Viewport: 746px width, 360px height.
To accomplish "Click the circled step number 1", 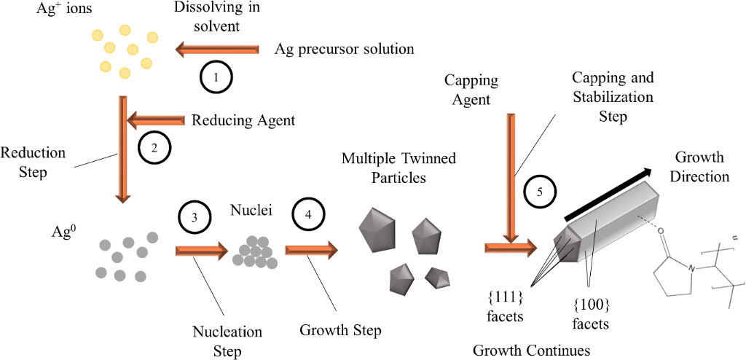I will tap(216, 75).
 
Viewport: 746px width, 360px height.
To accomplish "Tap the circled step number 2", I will tap(154, 146).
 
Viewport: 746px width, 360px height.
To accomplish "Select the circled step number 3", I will tap(194, 216).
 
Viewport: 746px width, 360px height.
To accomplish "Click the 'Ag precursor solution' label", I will tap(345, 50).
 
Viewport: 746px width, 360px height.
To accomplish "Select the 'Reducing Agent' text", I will tap(243, 120).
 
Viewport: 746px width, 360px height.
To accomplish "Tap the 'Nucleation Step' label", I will tap(227, 341).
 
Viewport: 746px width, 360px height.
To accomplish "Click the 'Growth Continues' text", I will tap(531, 350).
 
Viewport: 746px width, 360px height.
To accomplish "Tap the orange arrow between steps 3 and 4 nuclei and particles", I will tap(311, 250).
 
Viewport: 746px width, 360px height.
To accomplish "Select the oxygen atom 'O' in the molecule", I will tap(661, 233).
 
